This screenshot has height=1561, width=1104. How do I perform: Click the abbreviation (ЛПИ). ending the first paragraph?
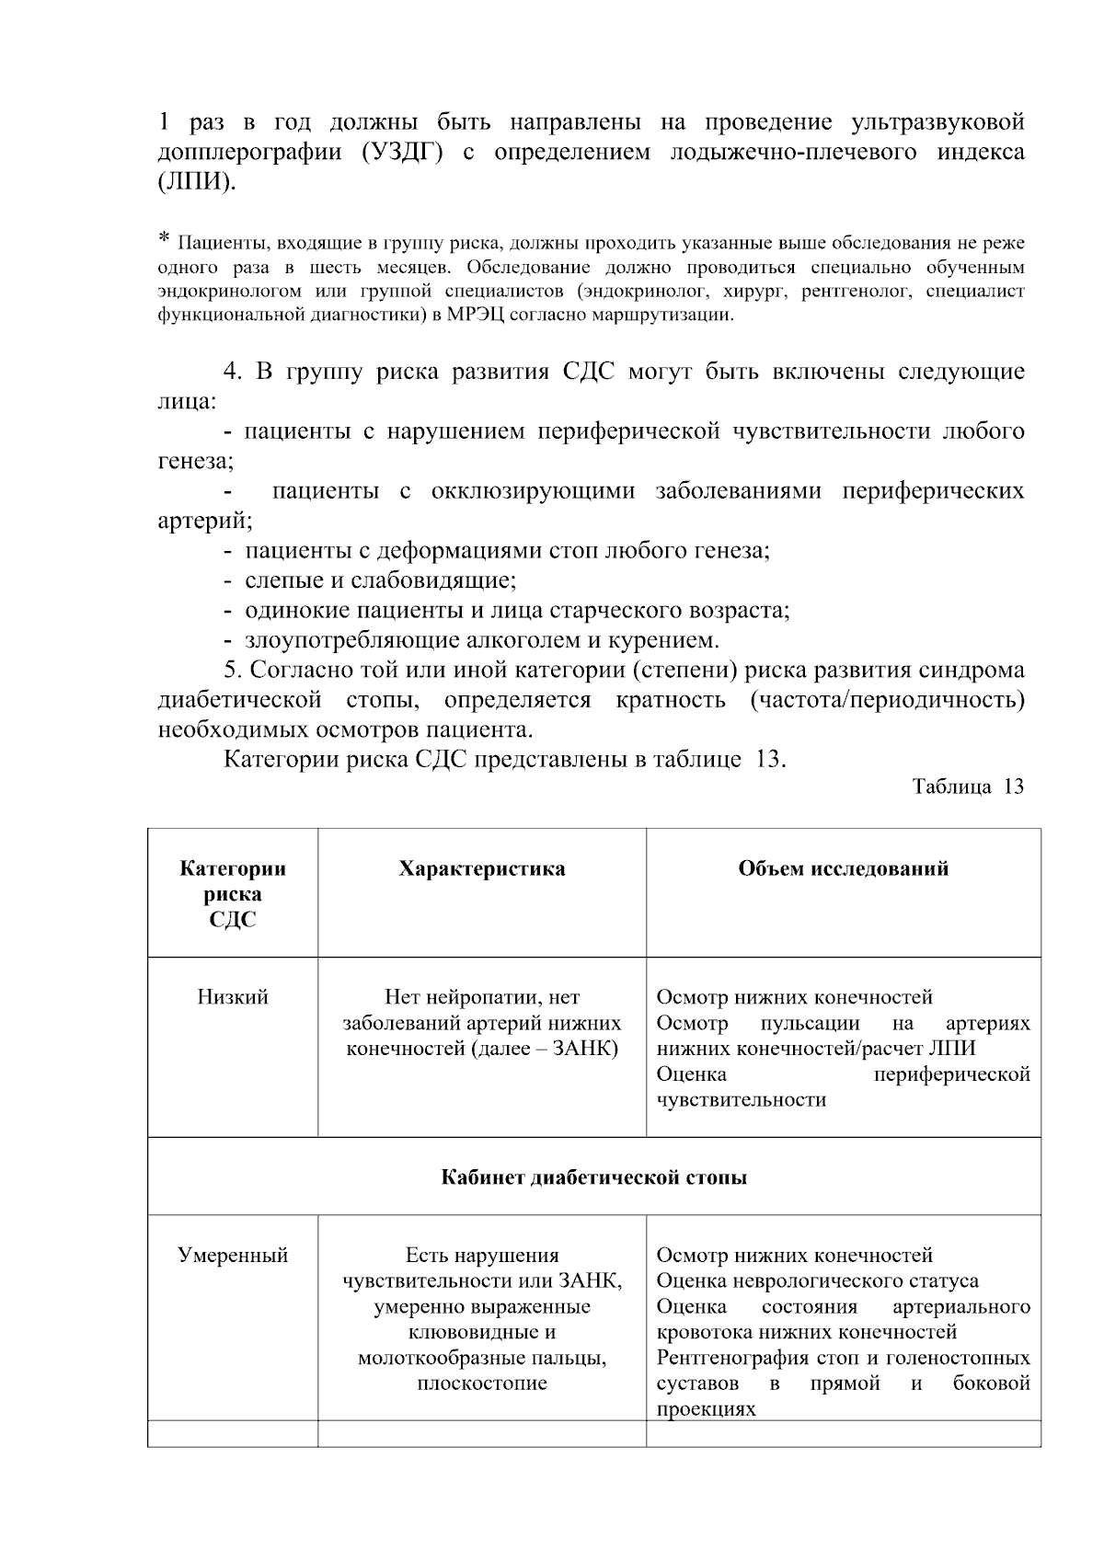point(197,182)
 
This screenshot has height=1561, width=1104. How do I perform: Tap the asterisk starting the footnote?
point(164,240)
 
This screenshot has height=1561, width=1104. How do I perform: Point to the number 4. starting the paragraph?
point(234,373)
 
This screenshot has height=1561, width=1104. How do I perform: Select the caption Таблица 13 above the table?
point(967,787)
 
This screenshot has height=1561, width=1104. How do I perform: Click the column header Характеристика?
point(482,869)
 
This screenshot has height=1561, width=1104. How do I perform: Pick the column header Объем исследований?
point(843,869)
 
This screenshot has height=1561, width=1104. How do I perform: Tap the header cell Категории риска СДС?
point(233,894)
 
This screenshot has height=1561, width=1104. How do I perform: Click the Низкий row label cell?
point(233,998)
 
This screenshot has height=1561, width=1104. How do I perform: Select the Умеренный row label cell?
point(233,1256)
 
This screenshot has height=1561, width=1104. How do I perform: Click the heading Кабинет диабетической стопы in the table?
point(594,1177)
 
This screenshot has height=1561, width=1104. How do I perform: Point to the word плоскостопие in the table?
point(482,1383)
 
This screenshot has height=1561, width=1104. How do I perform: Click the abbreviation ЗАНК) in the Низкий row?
point(583,1050)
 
